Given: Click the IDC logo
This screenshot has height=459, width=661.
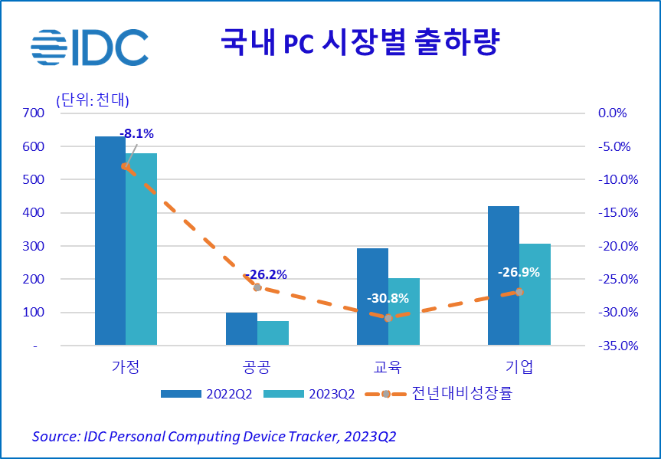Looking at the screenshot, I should click(90, 48).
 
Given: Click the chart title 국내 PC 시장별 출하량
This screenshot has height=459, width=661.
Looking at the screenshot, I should click(359, 42).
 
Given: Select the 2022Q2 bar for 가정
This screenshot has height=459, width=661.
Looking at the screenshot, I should click(110, 241).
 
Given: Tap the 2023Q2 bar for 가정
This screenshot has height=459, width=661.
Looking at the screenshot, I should click(141, 249).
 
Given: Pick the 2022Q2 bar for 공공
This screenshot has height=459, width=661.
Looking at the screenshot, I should click(241, 329).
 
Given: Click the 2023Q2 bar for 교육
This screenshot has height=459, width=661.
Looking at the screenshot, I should click(404, 312).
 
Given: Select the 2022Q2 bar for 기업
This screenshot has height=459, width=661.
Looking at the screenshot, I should click(503, 276).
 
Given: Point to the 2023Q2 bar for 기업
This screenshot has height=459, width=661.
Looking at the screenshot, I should click(535, 294).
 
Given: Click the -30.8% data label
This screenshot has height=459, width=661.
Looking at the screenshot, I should click(388, 299).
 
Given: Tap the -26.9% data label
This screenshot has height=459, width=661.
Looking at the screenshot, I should click(519, 272).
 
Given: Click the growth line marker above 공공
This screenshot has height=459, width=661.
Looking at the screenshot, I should click(257, 287).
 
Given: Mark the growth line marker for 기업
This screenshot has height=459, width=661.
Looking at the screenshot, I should click(519, 291).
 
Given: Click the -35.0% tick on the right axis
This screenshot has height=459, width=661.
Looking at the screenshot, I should click(612, 346).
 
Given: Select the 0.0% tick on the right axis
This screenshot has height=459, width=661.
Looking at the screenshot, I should click(612, 113).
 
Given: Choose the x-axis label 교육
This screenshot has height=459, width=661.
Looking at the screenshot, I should click(388, 366).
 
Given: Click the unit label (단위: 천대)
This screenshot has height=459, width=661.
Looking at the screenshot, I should click(92, 100).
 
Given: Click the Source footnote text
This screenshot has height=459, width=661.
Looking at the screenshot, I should click(214, 436).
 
